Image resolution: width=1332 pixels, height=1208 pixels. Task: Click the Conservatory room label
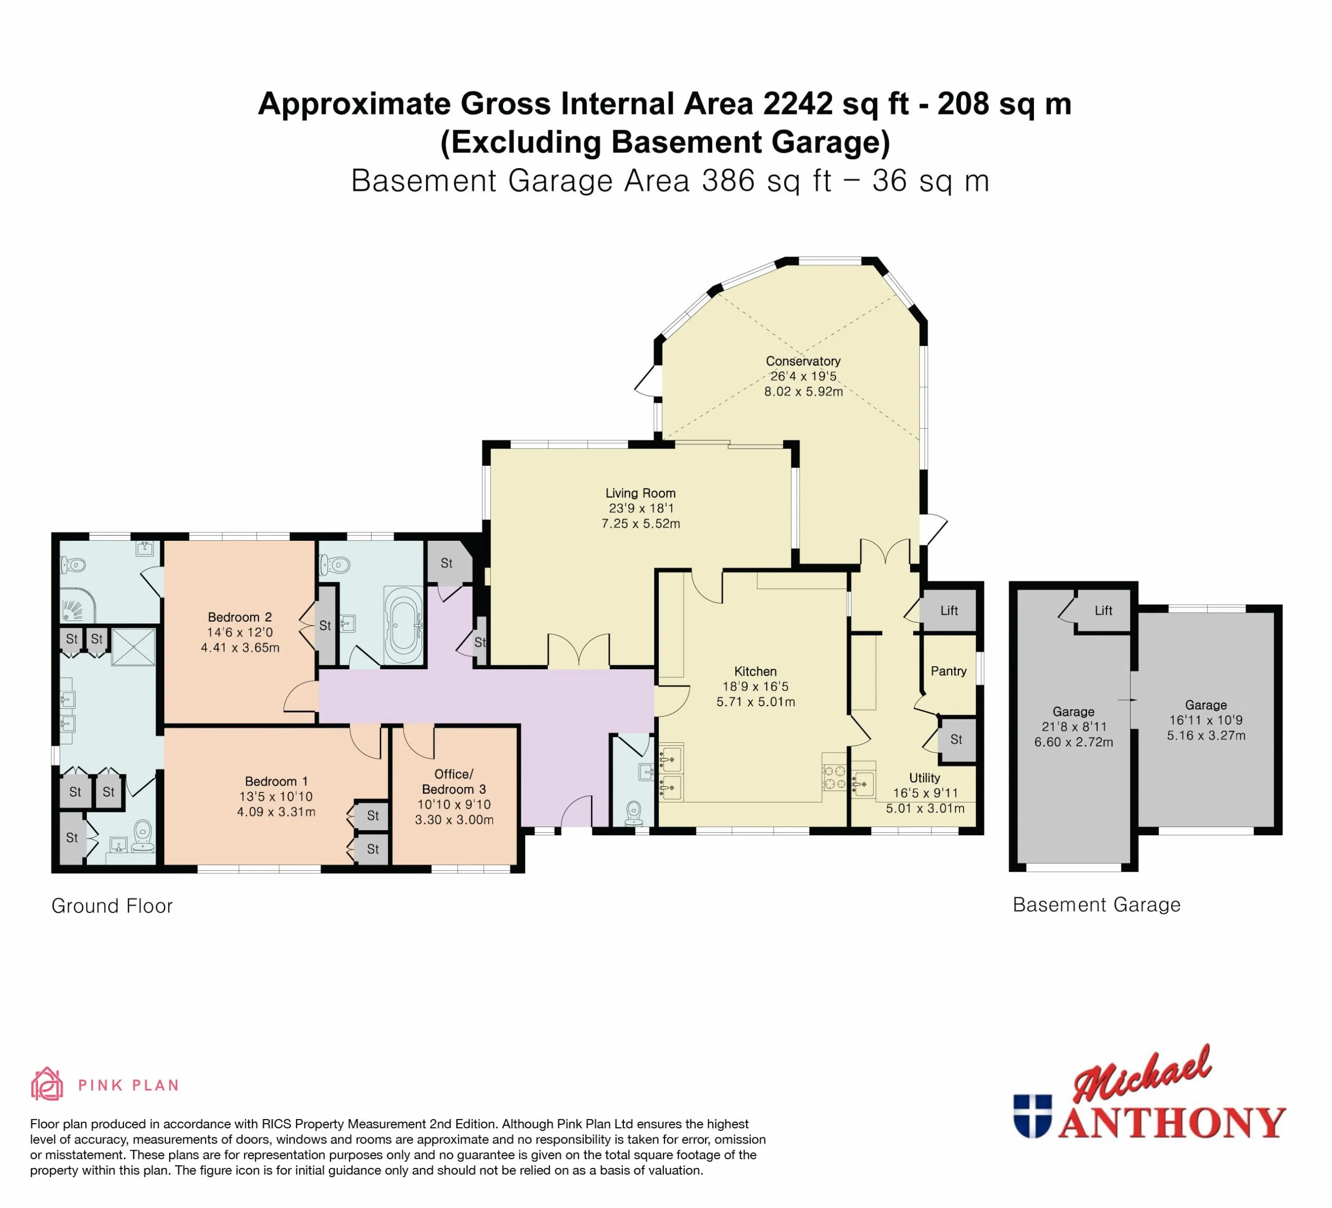tap(803, 361)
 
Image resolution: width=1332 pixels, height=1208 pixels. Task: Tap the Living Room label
tap(640, 493)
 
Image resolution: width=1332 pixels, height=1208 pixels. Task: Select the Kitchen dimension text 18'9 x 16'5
tap(755, 686)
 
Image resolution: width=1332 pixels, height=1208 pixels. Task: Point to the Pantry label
tap(948, 671)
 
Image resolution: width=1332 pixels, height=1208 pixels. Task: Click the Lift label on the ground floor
tap(949, 611)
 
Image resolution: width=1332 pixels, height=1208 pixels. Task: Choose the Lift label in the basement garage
tap(1104, 611)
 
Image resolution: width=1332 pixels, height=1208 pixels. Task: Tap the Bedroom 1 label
tap(276, 781)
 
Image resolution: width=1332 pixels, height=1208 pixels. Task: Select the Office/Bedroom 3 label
tap(454, 782)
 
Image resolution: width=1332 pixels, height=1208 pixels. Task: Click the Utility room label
tap(925, 778)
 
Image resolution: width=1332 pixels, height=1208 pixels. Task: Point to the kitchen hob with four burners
tap(835, 777)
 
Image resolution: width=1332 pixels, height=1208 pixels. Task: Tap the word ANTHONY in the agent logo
tap(1171, 1123)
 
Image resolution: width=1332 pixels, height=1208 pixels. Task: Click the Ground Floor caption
tap(112, 906)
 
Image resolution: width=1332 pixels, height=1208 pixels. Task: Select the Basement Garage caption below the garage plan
tap(1096, 905)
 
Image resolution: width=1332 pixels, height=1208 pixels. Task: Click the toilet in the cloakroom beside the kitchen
tap(634, 813)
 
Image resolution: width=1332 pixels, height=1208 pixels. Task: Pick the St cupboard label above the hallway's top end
tap(446, 563)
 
